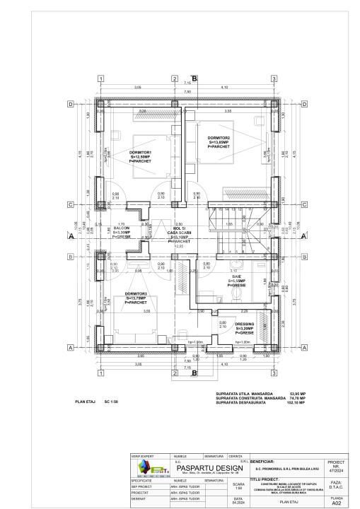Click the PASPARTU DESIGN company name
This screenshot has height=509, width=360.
[210, 468]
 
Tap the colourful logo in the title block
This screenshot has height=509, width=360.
[146, 469]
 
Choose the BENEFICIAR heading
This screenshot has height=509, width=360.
[266, 459]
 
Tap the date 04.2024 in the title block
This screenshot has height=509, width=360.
[238, 503]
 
